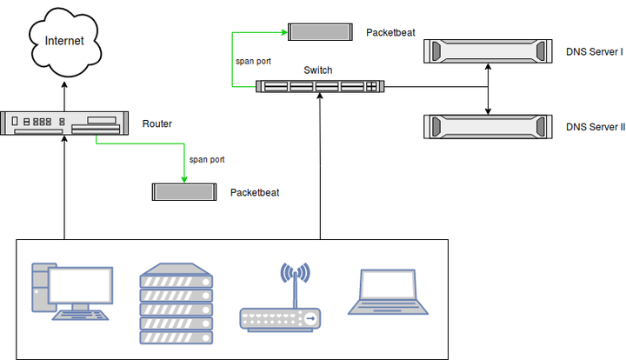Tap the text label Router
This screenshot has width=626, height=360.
coord(156,124)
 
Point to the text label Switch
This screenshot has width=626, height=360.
coord(317,70)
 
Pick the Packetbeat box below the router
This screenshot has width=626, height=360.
coord(183,192)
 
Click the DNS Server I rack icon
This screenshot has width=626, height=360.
coord(487,52)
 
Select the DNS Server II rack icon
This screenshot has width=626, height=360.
coord(487,126)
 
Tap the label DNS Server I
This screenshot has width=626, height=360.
coord(595,53)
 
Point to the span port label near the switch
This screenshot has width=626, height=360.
coord(254,62)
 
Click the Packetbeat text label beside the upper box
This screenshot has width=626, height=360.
coord(391,32)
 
